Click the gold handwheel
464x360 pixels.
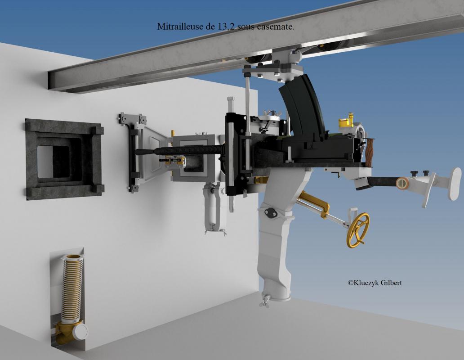pos(358,230)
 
